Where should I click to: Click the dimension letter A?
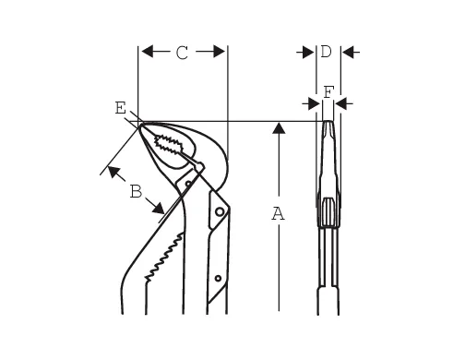click(x=278, y=214)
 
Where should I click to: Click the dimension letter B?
click(x=136, y=191)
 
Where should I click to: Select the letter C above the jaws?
click(x=182, y=53)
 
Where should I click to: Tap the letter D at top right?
click(x=326, y=51)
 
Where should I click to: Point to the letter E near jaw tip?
click(x=121, y=108)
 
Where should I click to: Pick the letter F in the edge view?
click(x=328, y=92)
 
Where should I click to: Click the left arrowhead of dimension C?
click(x=147, y=52)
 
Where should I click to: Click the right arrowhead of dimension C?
click(x=219, y=52)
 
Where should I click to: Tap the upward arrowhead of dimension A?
click(x=279, y=127)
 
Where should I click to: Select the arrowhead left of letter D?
click(x=308, y=53)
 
